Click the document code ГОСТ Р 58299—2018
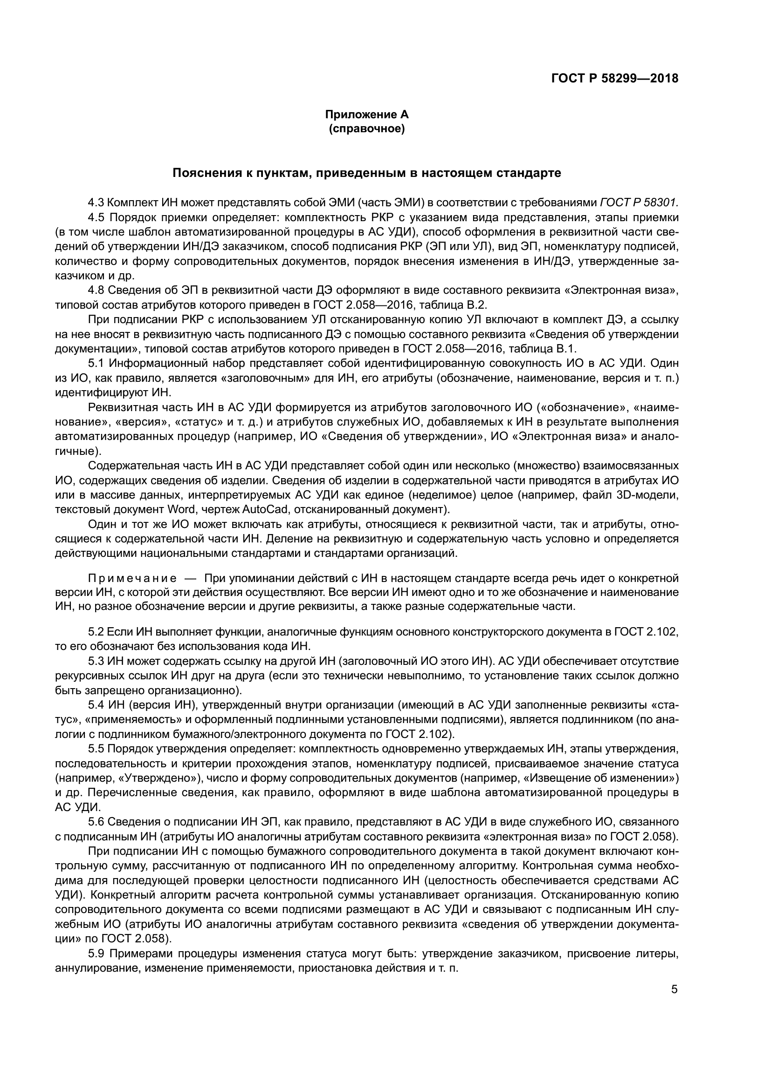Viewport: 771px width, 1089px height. click(x=614, y=78)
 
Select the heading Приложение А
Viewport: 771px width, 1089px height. click(x=366, y=115)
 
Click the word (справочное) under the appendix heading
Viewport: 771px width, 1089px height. click(x=366, y=129)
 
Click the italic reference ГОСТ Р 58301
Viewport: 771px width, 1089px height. click(x=639, y=203)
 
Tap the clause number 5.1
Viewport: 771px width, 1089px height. click(x=97, y=364)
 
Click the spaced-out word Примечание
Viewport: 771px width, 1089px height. click(x=132, y=578)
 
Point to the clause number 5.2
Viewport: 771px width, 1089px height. click(x=97, y=632)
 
